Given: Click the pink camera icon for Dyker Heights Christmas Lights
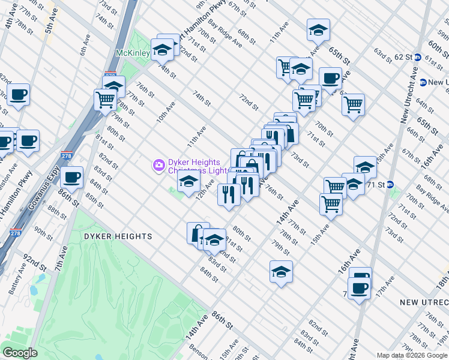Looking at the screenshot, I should [x=159, y=164].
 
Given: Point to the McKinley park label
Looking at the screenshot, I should [x=133, y=53].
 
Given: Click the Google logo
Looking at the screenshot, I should [x=20, y=353].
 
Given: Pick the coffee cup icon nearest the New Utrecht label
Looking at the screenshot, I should [x=360, y=287].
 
